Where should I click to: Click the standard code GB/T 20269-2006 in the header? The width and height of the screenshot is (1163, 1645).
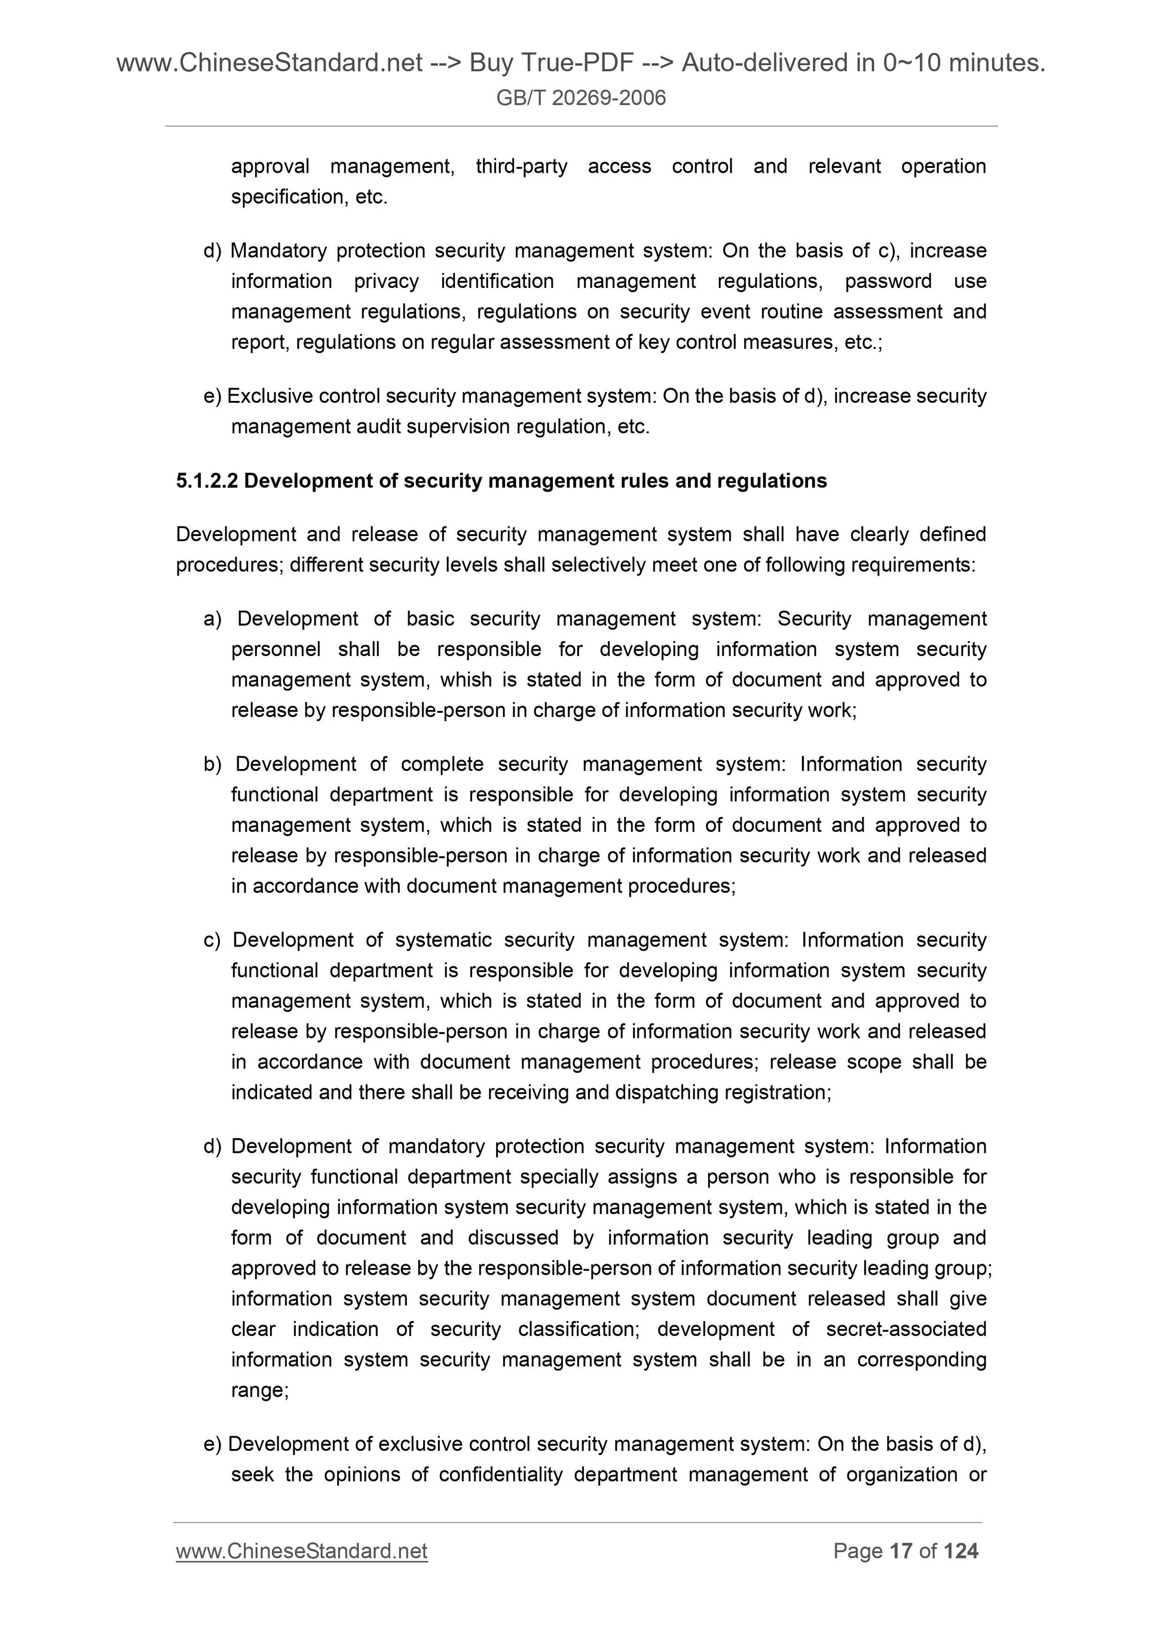580,97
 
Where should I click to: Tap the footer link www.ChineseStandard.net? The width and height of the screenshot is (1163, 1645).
302,1551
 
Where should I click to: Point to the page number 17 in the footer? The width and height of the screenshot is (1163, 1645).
901,1551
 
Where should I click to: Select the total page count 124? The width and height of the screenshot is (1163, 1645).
961,1551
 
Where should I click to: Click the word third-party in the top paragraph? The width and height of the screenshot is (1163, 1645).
521,166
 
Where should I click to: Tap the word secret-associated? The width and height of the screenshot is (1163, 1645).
906,1329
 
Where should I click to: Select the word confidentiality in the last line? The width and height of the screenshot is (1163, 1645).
500,1475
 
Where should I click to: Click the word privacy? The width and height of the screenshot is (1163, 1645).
386,281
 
